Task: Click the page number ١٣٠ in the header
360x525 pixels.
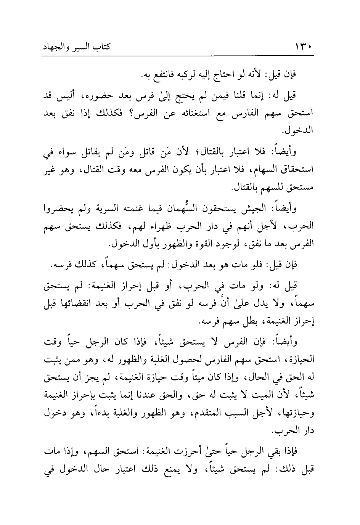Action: coord(304,49)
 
